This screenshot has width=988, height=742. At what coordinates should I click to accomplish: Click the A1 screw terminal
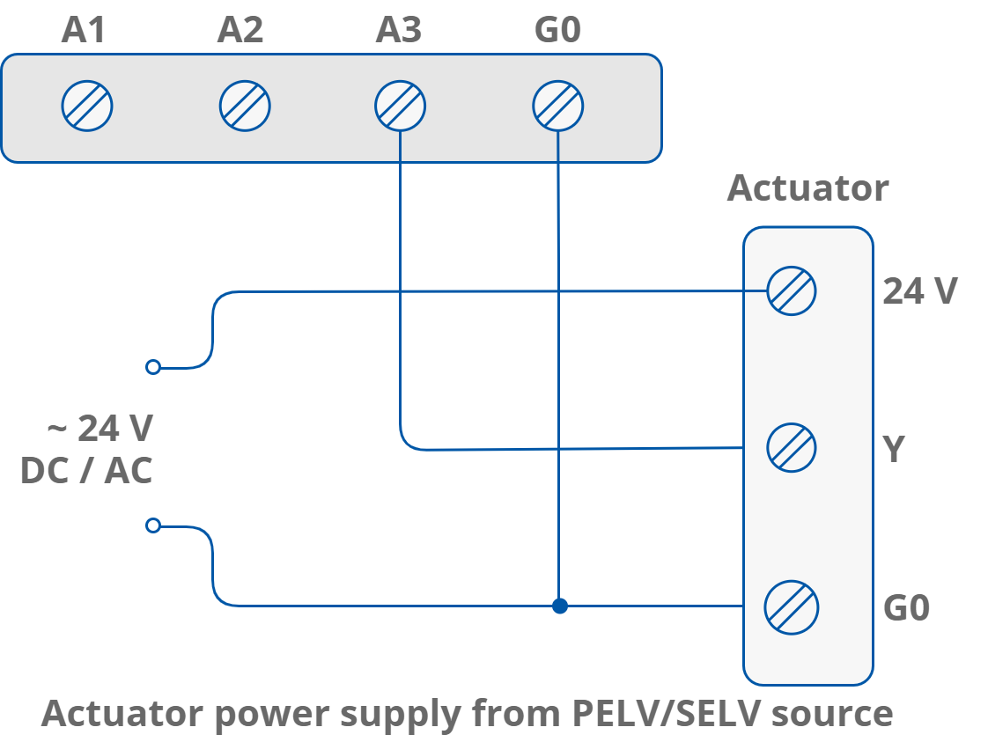[87, 107]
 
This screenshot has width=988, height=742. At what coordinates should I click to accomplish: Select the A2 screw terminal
[244, 107]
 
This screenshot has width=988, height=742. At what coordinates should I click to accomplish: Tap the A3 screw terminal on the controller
[400, 107]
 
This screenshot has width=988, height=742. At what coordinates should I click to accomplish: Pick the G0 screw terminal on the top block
[558, 107]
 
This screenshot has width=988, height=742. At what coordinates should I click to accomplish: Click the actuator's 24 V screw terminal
[792, 290]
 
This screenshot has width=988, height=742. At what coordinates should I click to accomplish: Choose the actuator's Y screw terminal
[792, 448]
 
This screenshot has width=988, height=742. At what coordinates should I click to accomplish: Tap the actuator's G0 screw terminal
[792, 606]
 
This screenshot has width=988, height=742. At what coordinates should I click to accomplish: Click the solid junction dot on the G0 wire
[559, 606]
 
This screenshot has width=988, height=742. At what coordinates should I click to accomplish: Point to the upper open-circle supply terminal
[153, 367]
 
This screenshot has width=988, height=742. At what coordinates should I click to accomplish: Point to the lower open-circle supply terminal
[153, 525]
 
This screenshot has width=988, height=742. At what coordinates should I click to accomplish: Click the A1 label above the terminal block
[84, 31]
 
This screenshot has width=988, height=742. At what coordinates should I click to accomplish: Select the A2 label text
[240, 31]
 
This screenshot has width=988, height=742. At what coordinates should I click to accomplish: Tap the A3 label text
[399, 31]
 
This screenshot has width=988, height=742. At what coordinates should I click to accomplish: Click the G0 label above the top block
[558, 31]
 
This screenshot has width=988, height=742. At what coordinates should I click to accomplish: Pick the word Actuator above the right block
[807, 188]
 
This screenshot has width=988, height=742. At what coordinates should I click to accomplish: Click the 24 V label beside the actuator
[919, 291]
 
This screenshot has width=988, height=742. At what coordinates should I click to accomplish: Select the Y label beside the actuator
[894, 449]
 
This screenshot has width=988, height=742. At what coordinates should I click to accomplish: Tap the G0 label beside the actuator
[907, 608]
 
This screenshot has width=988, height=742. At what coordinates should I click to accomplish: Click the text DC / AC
[86, 471]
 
